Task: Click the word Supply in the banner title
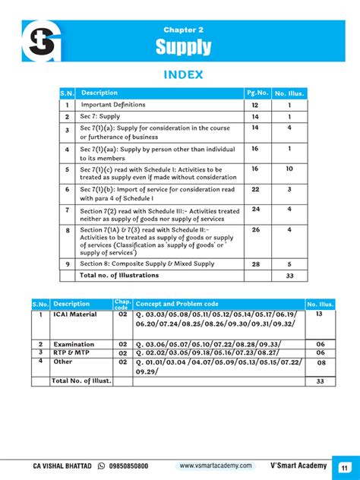pos(183,49)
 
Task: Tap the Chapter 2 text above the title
pos(183,30)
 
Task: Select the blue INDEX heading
pos(183,74)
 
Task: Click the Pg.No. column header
pos(256,93)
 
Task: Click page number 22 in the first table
pos(256,189)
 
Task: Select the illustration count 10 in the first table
pos(289,169)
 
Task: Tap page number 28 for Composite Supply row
pos(256,264)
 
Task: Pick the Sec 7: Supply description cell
pos(101,117)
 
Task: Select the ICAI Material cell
pos(74,314)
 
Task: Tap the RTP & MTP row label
pos(69,353)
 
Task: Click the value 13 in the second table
pos(319,314)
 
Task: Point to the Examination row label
pos(74,344)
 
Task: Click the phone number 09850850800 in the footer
pos(122,466)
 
